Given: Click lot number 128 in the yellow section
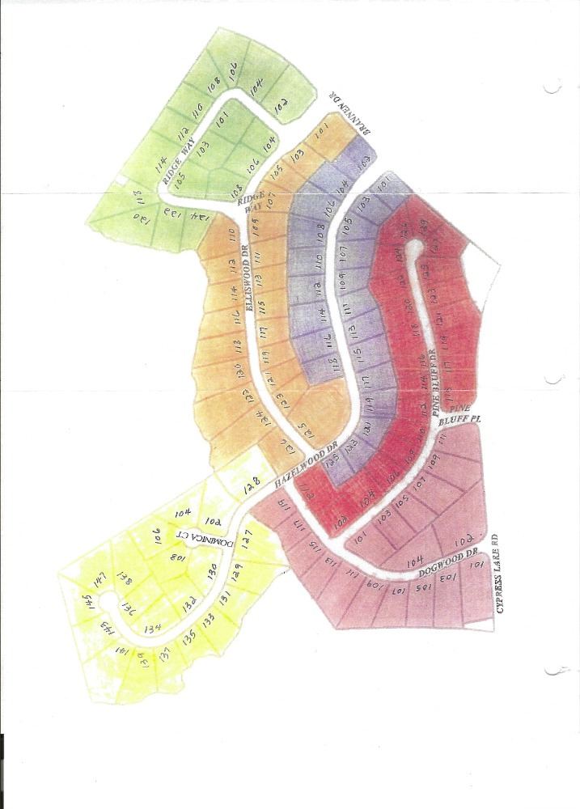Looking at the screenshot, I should [249, 487].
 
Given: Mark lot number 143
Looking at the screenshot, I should [104, 626].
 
